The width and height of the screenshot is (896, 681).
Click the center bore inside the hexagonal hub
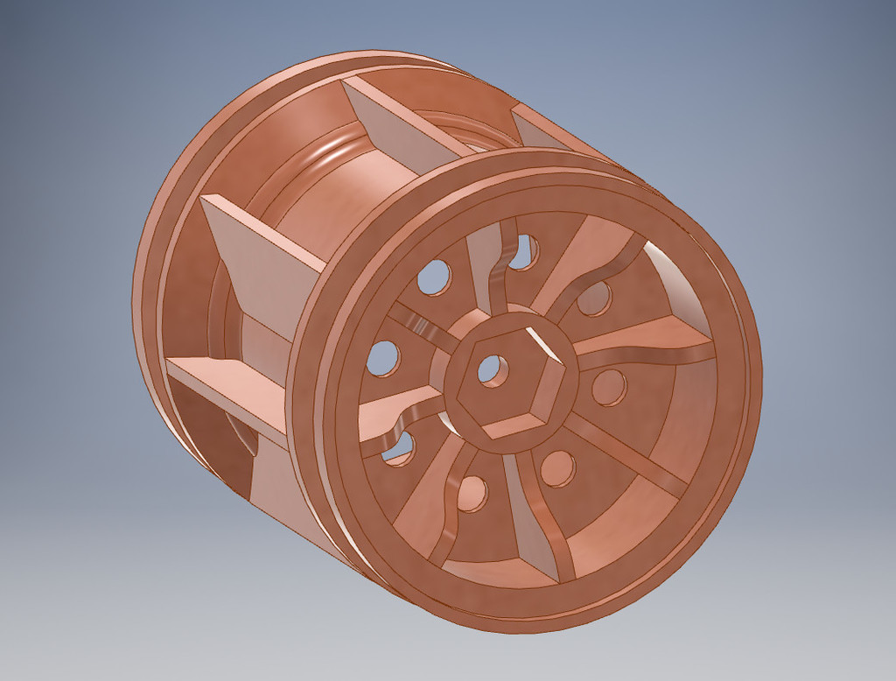(x=491, y=369)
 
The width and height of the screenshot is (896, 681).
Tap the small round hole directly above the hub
(x=523, y=252)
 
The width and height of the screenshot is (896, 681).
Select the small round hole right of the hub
(x=609, y=386)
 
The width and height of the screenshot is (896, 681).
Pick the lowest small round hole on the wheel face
(x=472, y=495)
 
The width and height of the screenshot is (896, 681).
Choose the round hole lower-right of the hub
(x=557, y=468)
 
